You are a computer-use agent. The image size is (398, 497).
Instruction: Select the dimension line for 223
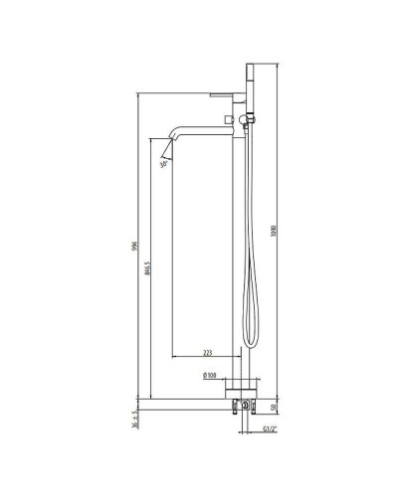(204, 358)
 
